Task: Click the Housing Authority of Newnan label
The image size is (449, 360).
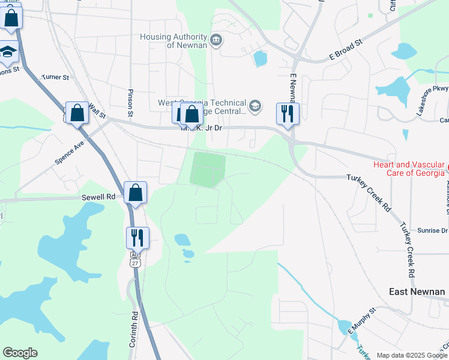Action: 173,41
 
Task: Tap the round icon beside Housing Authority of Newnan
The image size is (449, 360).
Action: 216,41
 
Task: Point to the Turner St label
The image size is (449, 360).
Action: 55,77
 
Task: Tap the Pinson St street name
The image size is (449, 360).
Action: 130,103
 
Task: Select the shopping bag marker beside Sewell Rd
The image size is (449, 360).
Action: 136,193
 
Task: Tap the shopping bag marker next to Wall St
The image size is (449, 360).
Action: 77,112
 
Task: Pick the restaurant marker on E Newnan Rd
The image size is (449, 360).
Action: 288,113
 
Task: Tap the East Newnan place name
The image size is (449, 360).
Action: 417,292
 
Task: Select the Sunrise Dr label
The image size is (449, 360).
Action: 432,230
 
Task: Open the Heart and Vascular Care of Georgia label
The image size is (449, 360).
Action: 409,169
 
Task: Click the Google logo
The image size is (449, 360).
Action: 20,353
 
